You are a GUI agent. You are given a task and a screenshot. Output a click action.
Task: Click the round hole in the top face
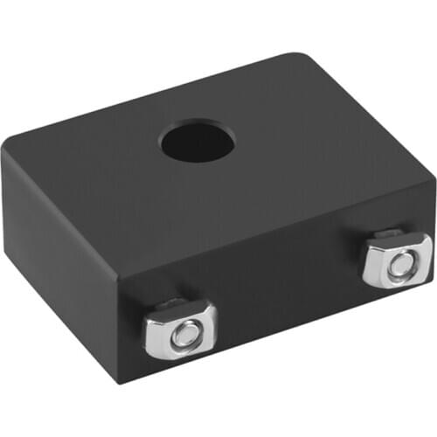[x=196, y=142]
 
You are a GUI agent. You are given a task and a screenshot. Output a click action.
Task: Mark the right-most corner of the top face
[x=433, y=180]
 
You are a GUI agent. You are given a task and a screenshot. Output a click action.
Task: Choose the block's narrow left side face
[x=57, y=262]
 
